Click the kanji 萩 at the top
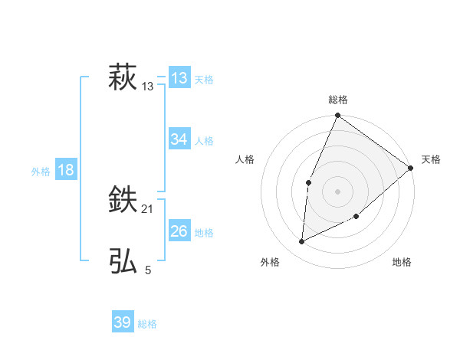tap(123, 78)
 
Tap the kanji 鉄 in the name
tap(123, 201)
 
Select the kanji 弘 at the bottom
tap(123, 261)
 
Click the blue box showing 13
tap(179, 78)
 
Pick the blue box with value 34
tap(179, 139)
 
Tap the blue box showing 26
tap(179, 231)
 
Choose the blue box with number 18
tap(66, 170)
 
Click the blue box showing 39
tap(123, 322)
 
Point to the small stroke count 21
tap(148, 209)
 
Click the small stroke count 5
tap(148, 270)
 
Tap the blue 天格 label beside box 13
tap(204, 80)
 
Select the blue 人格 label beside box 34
tap(204, 141)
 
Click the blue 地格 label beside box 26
tap(204, 233)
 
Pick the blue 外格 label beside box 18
tap(41, 172)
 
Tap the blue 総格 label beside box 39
tap(147, 324)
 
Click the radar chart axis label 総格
tap(337, 100)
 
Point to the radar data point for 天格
tap(411, 168)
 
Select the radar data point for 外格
tap(302, 242)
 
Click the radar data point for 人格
tap(308, 182)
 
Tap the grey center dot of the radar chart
tap(337, 191)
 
